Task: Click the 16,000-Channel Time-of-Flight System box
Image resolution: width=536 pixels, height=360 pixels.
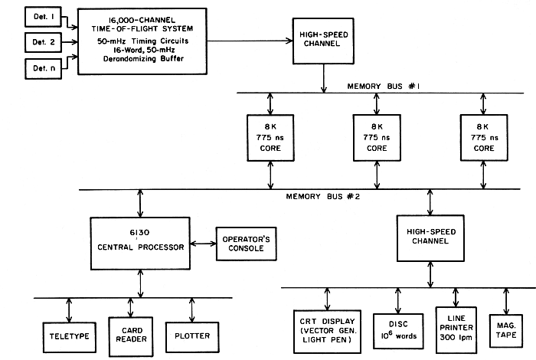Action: (143, 41)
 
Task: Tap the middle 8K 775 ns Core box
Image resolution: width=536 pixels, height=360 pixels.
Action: (377, 137)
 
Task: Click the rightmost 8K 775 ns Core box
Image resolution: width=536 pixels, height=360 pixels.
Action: (483, 137)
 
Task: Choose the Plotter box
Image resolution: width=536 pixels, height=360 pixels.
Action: (187, 335)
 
